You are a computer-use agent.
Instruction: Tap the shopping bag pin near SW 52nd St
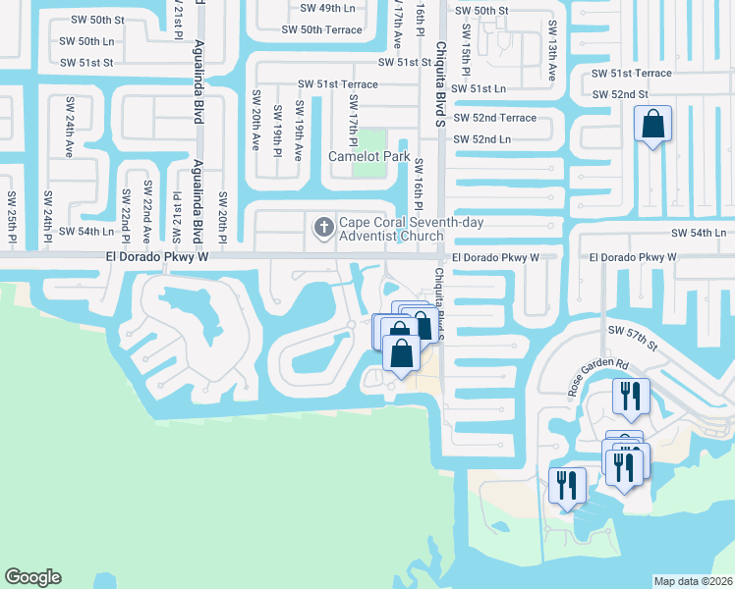pyautogui.click(x=652, y=125)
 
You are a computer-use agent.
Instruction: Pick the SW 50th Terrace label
pyautogui.click(x=322, y=30)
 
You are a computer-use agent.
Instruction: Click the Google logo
pyautogui.click(x=32, y=577)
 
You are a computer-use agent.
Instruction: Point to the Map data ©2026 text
pyautogui.click(x=693, y=581)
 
